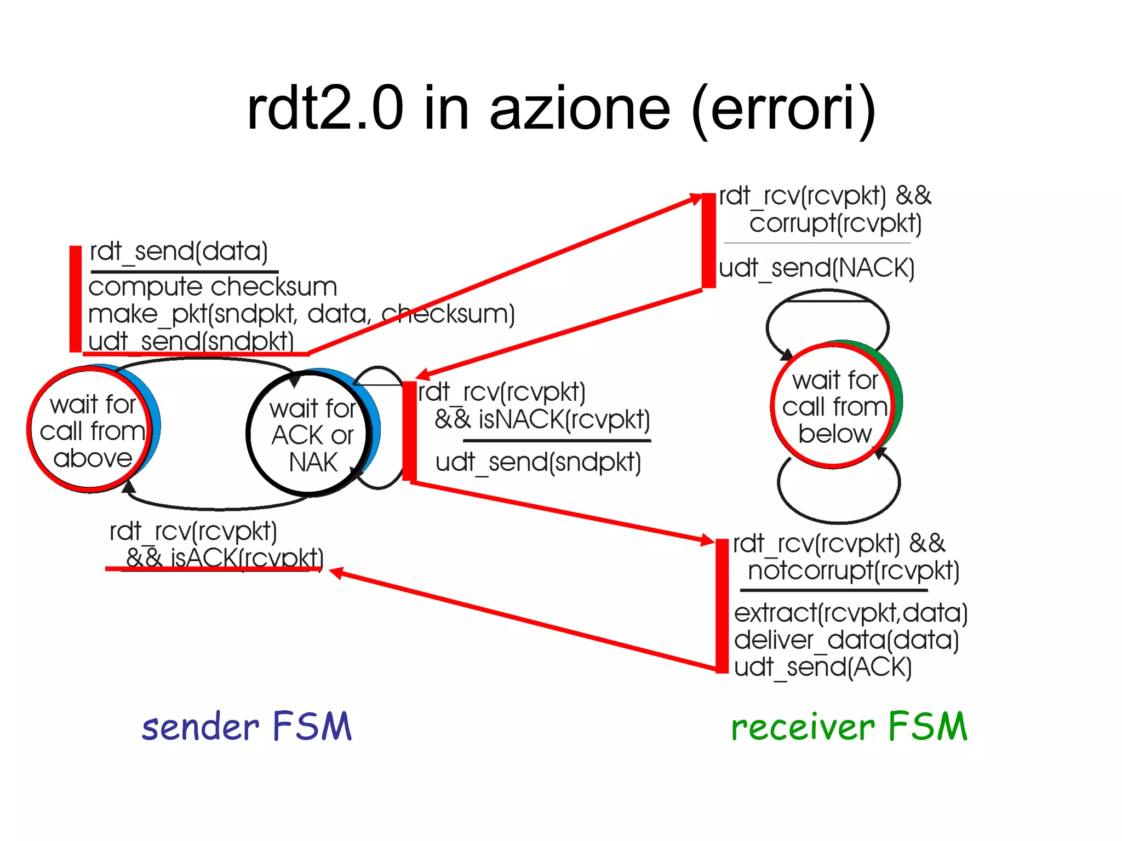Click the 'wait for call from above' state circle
(x=91, y=430)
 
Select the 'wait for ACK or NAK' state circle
(x=310, y=435)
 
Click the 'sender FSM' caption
(x=247, y=726)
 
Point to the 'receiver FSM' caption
(x=849, y=726)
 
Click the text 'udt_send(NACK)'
(x=816, y=268)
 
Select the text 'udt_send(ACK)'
(x=823, y=667)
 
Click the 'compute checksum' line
(x=213, y=287)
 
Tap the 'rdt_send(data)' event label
(x=179, y=251)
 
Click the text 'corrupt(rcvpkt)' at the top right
(x=835, y=223)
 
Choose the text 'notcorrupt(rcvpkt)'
(x=854, y=571)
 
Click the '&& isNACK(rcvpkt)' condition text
(x=542, y=419)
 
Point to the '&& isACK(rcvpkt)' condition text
(x=225, y=557)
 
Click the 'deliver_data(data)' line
(x=846, y=640)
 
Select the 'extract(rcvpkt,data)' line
(x=851, y=612)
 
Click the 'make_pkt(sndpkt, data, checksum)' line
(x=301, y=314)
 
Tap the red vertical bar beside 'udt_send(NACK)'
(x=709, y=240)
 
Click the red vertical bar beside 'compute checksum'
(x=76, y=299)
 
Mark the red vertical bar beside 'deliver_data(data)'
(x=722, y=606)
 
